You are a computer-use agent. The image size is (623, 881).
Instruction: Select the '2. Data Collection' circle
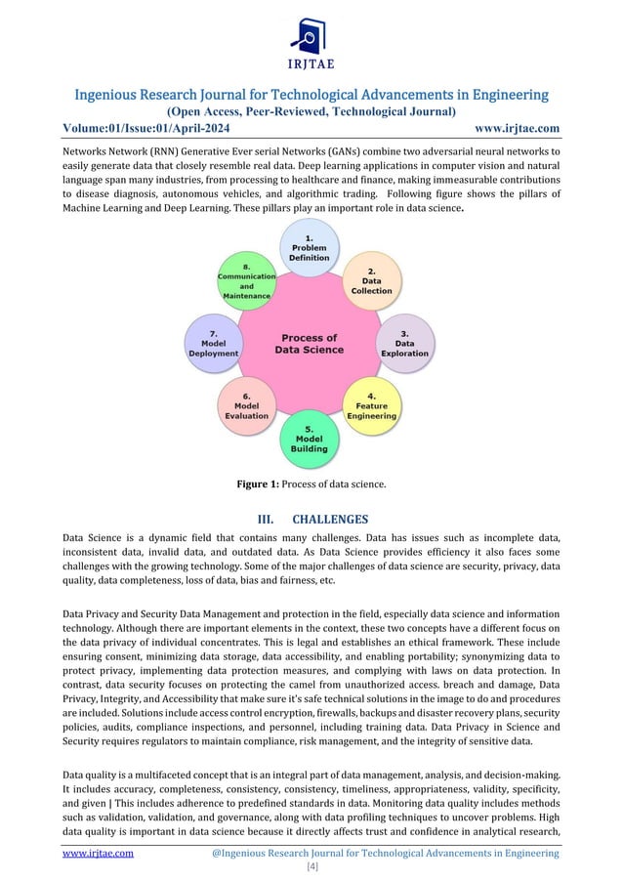(x=371, y=281)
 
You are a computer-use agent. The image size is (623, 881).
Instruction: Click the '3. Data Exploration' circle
(x=404, y=344)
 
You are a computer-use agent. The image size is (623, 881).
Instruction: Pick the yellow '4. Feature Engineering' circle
(x=371, y=407)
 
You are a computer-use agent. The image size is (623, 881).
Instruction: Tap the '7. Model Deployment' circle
(x=213, y=345)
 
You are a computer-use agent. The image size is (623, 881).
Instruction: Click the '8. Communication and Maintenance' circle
(x=246, y=281)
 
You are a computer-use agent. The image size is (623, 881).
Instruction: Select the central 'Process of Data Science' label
(x=309, y=344)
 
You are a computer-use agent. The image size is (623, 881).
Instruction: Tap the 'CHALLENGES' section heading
(x=333, y=519)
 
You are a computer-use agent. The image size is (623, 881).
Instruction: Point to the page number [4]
(x=311, y=867)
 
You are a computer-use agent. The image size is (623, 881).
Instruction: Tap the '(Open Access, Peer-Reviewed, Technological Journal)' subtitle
(x=311, y=112)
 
